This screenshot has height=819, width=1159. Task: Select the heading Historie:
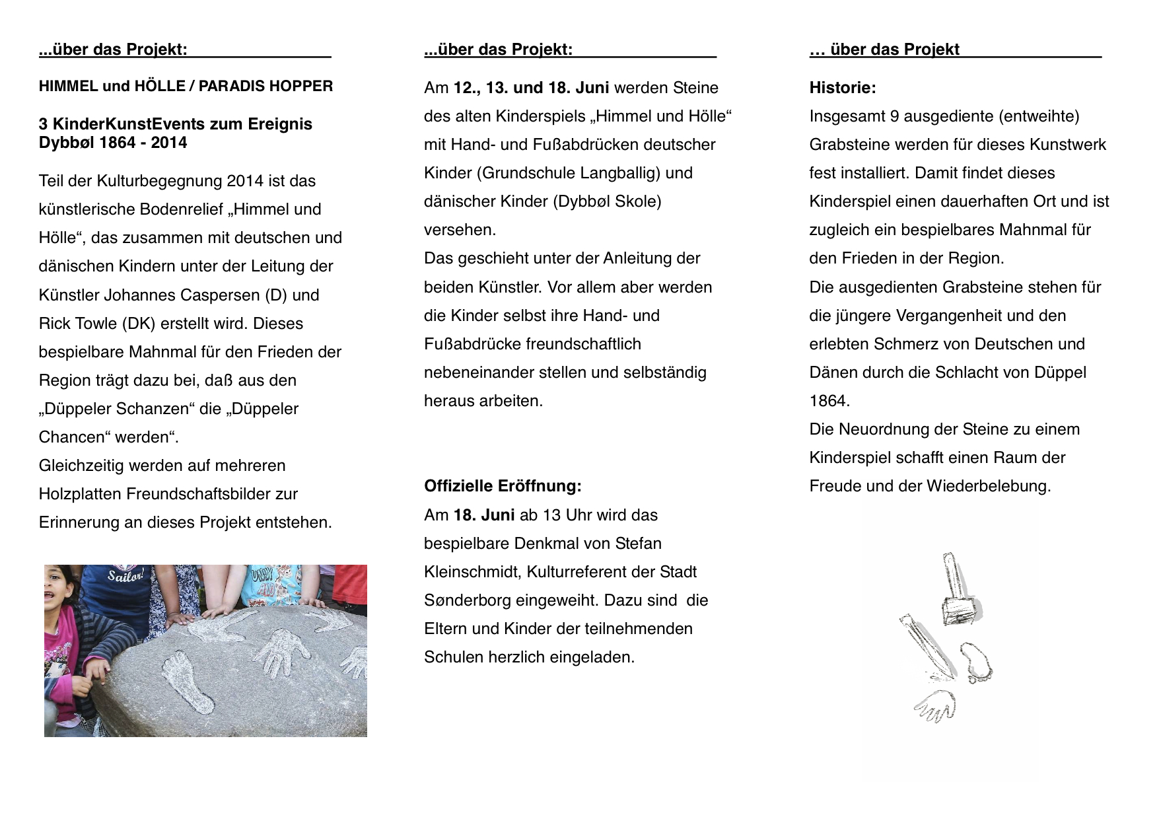click(843, 88)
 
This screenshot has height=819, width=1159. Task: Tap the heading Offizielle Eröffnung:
click(503, 486)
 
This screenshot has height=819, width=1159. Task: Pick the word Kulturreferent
click(580, 572)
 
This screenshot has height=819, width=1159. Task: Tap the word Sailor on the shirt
click(125, 577)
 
